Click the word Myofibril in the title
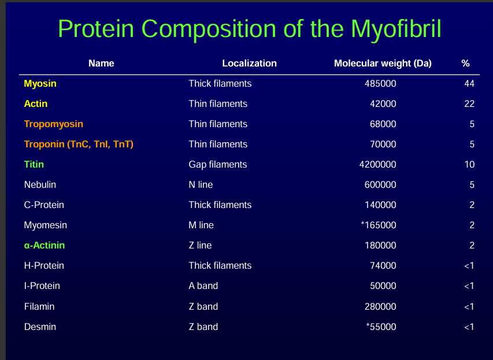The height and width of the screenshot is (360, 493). coord(396,29)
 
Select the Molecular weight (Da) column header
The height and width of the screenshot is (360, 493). coord(383,63)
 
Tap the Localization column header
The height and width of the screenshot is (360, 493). coord(249,63)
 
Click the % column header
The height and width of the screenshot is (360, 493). coord(465,63)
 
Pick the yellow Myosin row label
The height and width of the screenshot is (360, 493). coord(40,84)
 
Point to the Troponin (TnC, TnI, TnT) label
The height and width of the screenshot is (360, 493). coord(79,144)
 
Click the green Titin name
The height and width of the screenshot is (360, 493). coord(34,164)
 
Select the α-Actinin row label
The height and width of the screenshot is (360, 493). coord(45,245)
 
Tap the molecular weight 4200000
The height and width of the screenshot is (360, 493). coord(377,165)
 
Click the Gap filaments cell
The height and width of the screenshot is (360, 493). coord(217,165)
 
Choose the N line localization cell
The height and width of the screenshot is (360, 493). coord(201,184)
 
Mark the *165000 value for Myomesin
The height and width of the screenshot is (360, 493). coord(378,225)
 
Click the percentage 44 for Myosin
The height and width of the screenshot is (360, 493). coord(469,84)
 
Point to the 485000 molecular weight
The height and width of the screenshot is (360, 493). coord(380,84)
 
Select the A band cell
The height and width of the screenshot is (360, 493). coord(203,286)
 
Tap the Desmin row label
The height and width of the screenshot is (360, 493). coord(40,326)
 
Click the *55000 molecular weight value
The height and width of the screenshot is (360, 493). coord(381,326)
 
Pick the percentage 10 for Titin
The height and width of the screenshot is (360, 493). coord(469,165)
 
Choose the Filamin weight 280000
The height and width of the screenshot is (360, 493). coord(380,307)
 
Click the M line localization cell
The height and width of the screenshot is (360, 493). coord(201,225)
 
